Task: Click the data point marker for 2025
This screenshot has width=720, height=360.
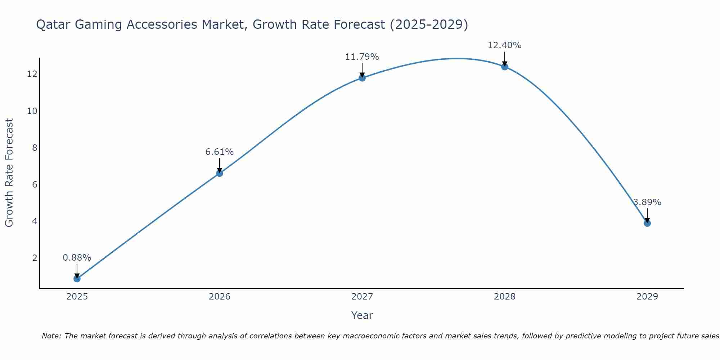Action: [x=77, y=279]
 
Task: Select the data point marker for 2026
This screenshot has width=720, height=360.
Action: [x=219, y=173]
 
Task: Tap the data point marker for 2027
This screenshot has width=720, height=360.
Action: [x=362, y=78]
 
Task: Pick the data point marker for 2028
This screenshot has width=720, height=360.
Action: [x=504, y=67]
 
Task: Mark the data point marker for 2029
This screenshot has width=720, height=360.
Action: [x=647, y=223]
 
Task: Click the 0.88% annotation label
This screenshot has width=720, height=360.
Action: [x=77, y=258]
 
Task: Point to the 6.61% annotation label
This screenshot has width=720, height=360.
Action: [x=219, y=152]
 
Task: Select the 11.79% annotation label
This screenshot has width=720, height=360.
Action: [x=362, y=57]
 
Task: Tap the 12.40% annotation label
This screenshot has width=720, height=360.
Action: [x=504, y=45]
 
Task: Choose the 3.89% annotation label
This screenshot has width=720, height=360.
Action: [x=647, y=202]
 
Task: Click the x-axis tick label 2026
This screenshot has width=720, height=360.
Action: [x=219, y=297]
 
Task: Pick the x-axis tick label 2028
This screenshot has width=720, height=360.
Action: [x=504, y=297]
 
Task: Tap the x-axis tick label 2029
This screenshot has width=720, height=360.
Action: [x=647, y=297]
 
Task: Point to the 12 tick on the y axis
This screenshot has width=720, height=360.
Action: [x=32, y=74]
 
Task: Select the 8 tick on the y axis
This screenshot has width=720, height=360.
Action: [x=35, y=148]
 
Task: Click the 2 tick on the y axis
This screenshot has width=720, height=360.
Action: [x=35, y=258]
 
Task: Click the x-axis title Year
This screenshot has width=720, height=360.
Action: [x=362, y=315]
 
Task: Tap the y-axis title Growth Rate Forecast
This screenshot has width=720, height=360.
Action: [x=9, y=172]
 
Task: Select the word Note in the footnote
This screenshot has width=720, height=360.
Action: [x=51, y=336]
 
